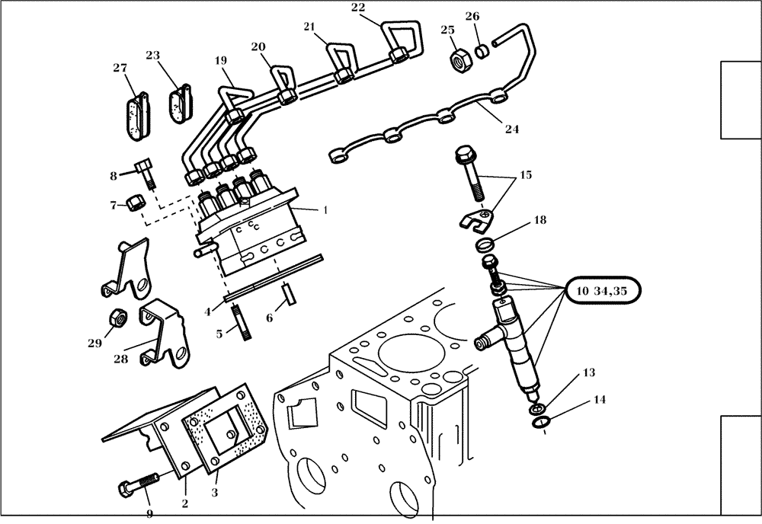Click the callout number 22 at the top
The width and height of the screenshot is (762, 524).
[358, 8]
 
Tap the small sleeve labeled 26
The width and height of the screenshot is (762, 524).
[482, 53]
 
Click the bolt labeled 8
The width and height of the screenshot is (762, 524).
[145, 172]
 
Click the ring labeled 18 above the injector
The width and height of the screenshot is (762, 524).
[485, 245]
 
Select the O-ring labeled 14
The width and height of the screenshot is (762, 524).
[541, 421]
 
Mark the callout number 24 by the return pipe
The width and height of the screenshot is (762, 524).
[511, 129]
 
